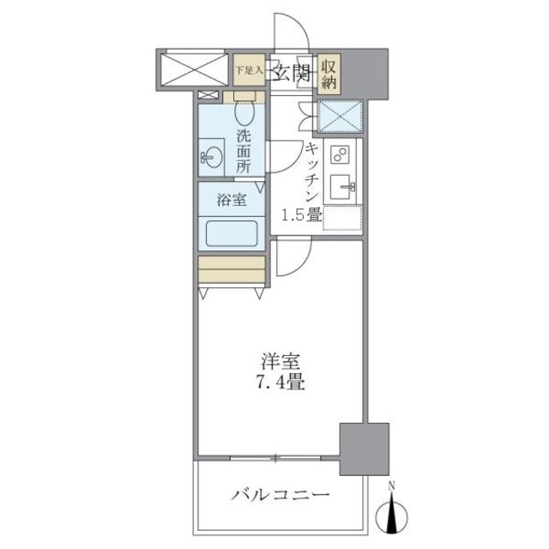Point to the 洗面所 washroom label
(244, 151)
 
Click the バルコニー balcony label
(280, 495)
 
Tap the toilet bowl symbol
(244, 111)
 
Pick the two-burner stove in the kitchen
(341, 155)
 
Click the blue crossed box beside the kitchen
(339, 117)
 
